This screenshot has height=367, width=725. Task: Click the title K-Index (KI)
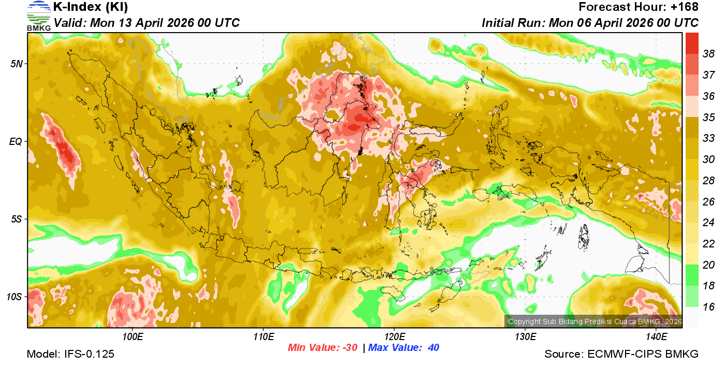pos(91,7)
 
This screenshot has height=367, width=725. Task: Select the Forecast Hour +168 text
pos(639,7)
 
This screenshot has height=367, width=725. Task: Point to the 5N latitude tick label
pos(16,64)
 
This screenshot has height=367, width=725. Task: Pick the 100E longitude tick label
pos(133,337)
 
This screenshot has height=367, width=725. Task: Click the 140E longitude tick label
pos(657,337)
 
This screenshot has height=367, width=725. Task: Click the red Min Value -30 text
pos(323,348)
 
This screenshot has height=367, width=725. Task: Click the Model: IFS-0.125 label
pos(70,355)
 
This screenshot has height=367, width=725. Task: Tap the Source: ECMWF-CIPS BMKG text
pos(621,355)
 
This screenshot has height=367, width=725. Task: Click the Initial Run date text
pos(590,23)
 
